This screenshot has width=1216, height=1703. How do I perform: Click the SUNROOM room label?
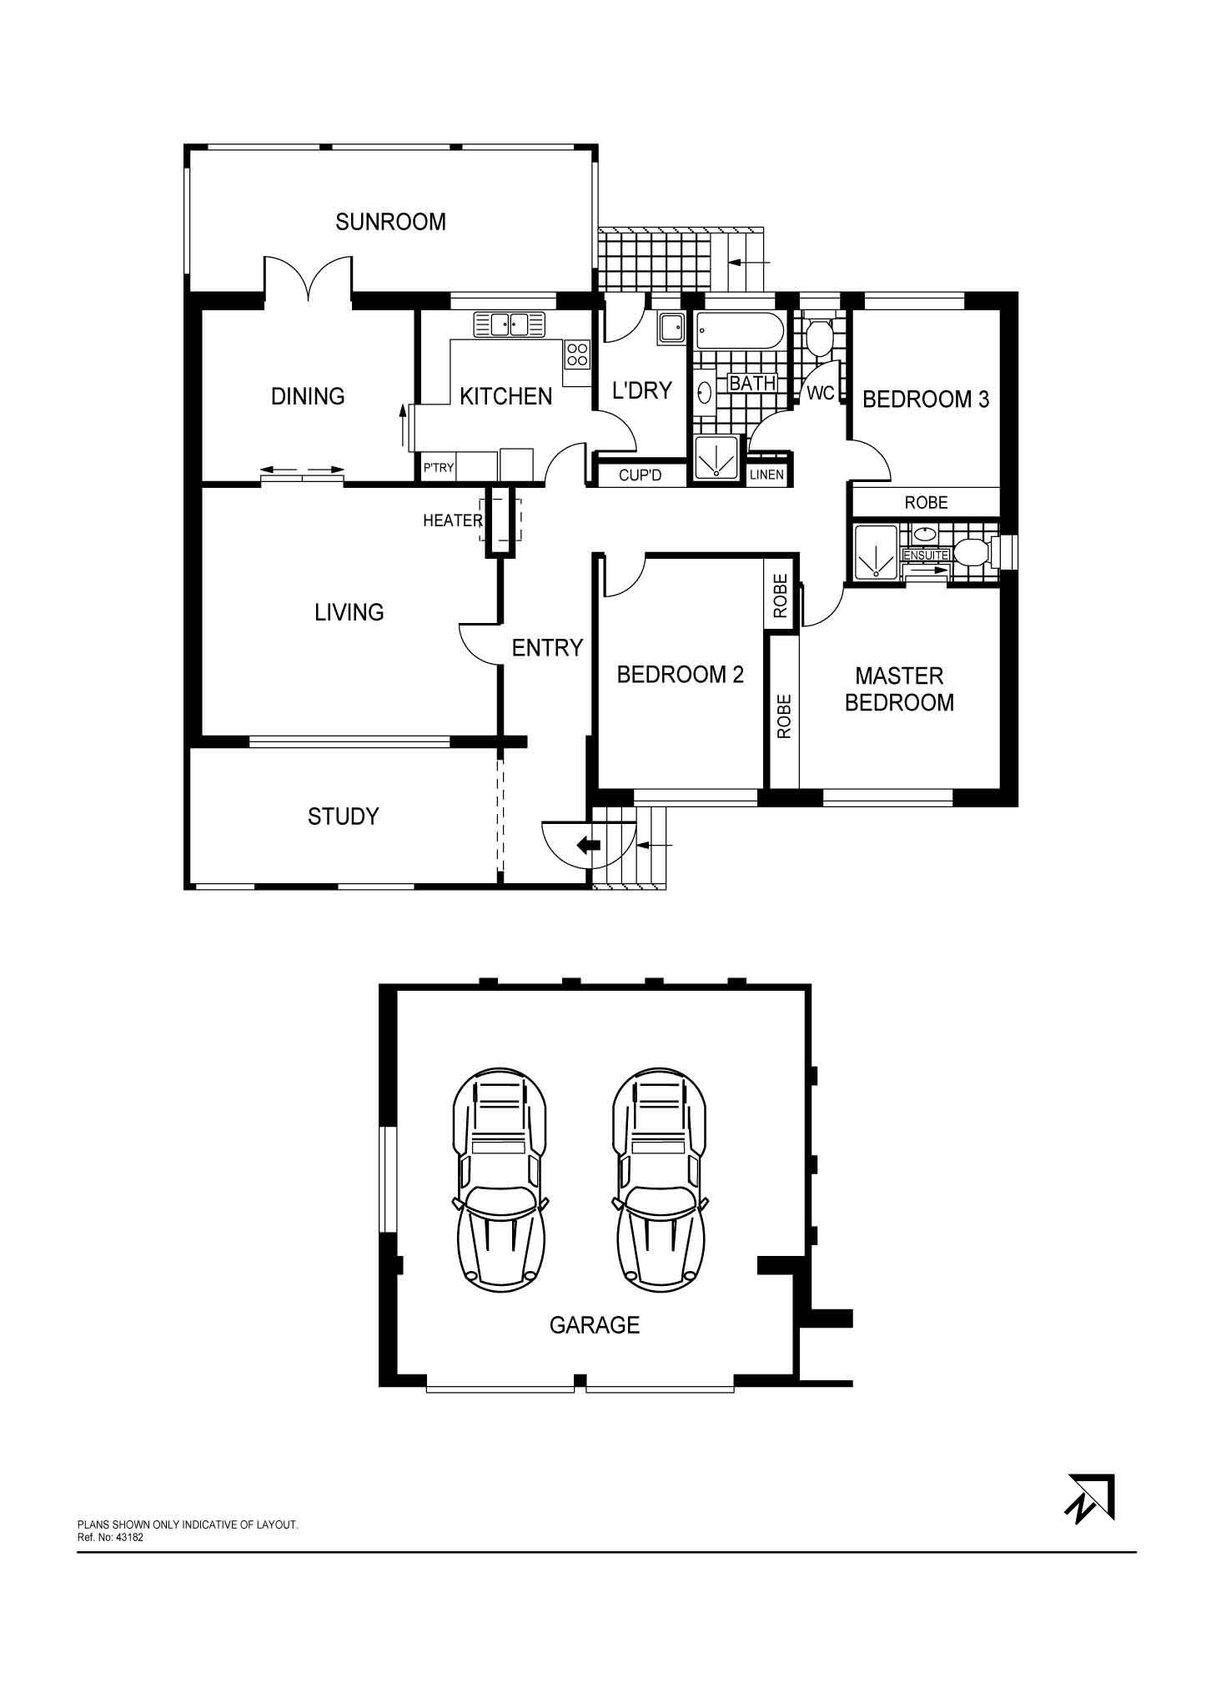pyautogui.click(x=390, y=222)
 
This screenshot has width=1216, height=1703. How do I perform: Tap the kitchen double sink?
pyautogui.click(x=509, y=324)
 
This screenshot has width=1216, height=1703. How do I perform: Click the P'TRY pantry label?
pyautogui.click(x=438, y=468)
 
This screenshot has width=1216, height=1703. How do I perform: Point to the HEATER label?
pyautogui.click(x=452, y=520)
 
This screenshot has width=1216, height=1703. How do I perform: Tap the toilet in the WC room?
pyautogui.click(x=817, y=336)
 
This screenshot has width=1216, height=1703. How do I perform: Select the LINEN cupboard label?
pyautogui.click(x=766, y=475)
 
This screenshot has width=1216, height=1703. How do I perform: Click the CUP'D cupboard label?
pyautogui.click(x=641, y=475)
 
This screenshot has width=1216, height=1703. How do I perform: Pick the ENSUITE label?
pyautogui.click(x=926, y=555)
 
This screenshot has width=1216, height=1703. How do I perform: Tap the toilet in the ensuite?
pyautogui.click(x=974, y=551)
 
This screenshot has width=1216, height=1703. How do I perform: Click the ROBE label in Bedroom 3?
pyautogui.click(x=927, y=502)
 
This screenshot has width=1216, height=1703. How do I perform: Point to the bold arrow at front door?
pyautogui.click(x=589, y=844)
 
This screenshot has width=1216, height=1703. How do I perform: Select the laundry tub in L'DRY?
pyautogui.click(x=670, y=328)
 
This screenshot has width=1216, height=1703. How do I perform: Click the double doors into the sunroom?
pyautogui.click(x=309, y=279)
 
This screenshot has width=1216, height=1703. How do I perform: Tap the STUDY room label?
pyautogui.click(x=344, y=816)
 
